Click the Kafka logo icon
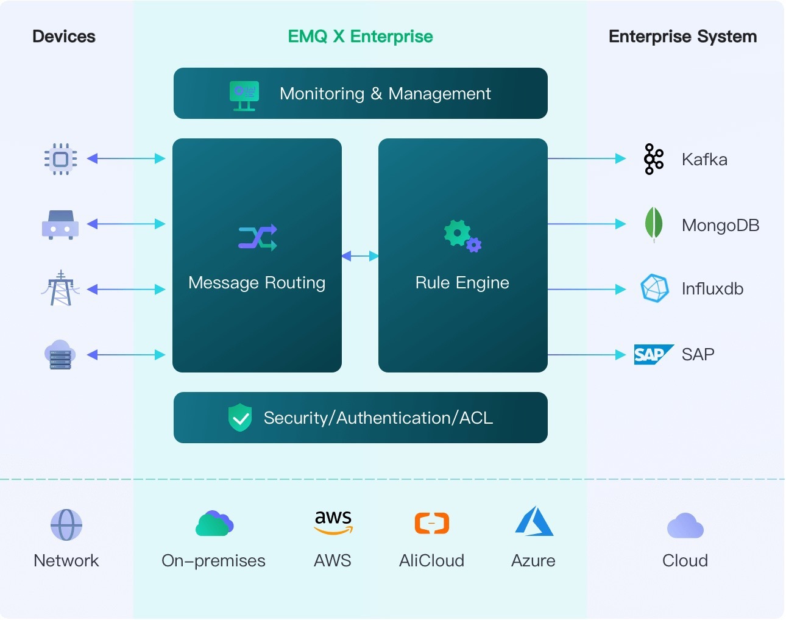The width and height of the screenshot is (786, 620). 654,159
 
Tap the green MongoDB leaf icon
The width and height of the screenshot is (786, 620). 654,224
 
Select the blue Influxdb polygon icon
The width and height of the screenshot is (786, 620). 654,288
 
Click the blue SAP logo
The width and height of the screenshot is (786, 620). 654,355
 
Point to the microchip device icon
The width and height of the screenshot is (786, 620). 61,159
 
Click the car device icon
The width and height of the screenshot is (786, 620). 60,225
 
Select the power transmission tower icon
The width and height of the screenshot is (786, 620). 61,288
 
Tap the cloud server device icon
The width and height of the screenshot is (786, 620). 60,355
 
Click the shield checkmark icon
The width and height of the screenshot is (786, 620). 240,418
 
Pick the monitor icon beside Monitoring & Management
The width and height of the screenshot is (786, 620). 244,96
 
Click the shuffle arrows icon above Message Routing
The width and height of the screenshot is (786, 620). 258,237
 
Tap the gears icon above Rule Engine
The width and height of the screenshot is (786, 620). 462,236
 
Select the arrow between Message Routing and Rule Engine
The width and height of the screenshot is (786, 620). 360,256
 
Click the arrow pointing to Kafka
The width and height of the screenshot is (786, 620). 587,159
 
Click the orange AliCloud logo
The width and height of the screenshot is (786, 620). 432,523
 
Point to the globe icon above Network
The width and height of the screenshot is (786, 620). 66,524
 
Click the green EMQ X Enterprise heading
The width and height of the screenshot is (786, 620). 361,37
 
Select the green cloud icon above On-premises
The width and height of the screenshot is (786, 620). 214,524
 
